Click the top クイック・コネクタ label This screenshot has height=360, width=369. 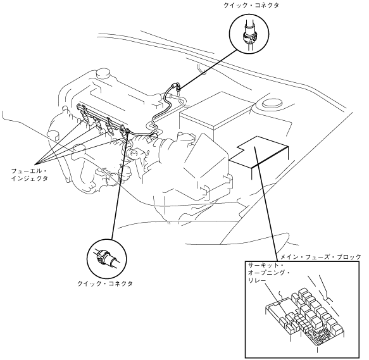tap(251, 6)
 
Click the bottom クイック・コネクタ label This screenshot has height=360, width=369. tap(105, 283)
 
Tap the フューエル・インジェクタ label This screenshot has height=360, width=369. tap(29, 175)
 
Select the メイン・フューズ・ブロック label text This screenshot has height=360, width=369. tap(321, 257)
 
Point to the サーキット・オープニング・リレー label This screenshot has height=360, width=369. tap(269, 273)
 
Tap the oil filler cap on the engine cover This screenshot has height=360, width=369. tap(103, 73)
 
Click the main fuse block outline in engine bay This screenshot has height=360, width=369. tap(259, 152)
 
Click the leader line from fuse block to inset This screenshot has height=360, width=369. tap(266, 204)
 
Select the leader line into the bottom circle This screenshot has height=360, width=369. tap(120, 186)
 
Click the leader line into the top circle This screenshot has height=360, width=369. tap(208, 69)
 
